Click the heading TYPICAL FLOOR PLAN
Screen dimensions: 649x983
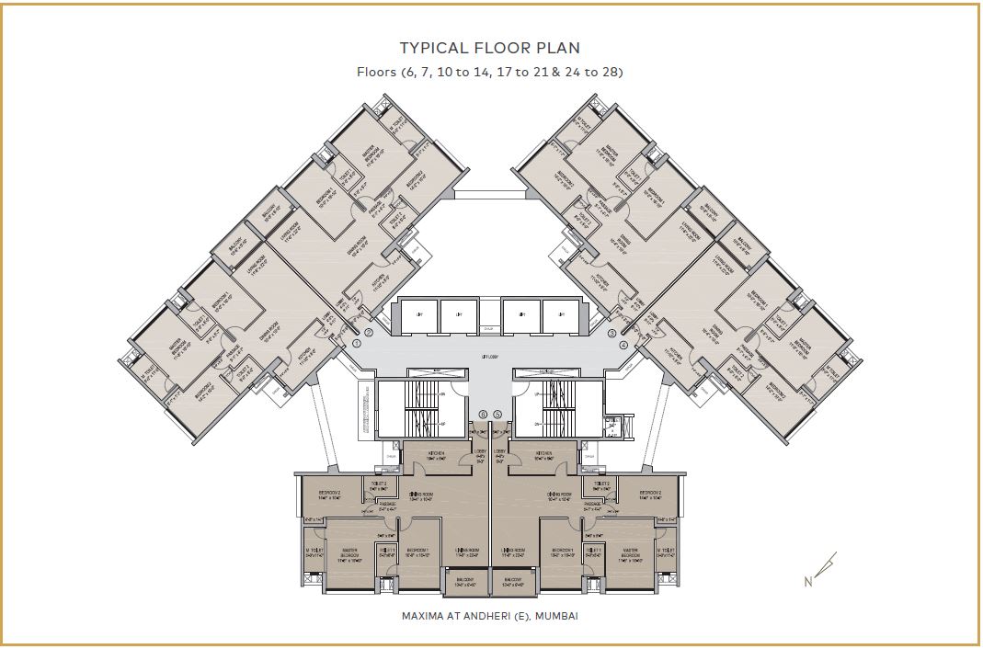(490, 48)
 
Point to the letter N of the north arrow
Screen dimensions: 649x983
(808, 581)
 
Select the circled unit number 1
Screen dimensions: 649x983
(357, 344)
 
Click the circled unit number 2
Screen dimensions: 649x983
(369, 332)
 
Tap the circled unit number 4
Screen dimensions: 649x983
(623, 345)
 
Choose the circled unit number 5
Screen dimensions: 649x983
(497, 415)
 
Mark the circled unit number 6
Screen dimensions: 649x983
(484, 415)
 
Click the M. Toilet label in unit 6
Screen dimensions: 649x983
(315, 553)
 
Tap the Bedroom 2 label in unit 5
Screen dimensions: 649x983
(651, 495)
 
